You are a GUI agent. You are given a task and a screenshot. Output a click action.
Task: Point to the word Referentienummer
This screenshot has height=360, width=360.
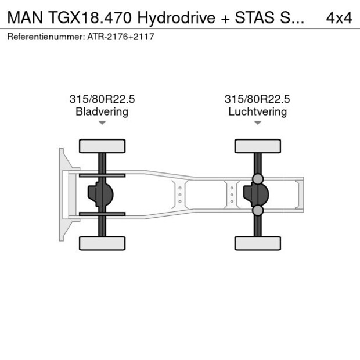pos(46,37)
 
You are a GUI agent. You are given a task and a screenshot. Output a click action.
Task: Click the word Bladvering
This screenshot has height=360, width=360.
pos(102,111)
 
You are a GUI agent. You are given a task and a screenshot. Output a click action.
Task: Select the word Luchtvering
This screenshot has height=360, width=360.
pos(257,111)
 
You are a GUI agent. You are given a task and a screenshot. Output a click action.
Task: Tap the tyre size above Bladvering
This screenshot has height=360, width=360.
pos(102,99)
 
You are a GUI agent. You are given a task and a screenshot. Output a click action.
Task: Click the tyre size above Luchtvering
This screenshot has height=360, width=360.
pos(257,99)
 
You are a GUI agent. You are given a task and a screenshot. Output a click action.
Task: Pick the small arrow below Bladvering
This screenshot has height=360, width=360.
pos(102,123)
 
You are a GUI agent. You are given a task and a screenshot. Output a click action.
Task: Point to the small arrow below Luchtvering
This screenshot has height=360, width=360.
pos(257,123)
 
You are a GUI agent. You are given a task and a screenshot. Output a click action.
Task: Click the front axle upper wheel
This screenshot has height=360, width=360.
pos(102,146)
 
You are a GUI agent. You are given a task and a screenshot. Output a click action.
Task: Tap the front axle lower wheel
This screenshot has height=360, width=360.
pos(102,243)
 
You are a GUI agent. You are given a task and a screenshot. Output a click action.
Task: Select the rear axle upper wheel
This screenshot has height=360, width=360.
pos(258,146)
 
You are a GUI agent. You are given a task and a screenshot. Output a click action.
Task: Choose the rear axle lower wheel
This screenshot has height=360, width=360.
pos(258,243)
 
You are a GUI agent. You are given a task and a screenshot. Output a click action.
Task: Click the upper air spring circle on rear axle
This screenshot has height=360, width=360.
pos(258,179)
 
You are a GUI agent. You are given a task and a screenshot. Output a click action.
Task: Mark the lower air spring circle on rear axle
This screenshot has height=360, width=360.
pos(258,210)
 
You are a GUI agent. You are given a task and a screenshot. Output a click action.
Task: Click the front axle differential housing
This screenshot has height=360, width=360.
pos(100,195)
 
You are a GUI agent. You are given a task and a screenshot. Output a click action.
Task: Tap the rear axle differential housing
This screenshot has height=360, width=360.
pos(256,195)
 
